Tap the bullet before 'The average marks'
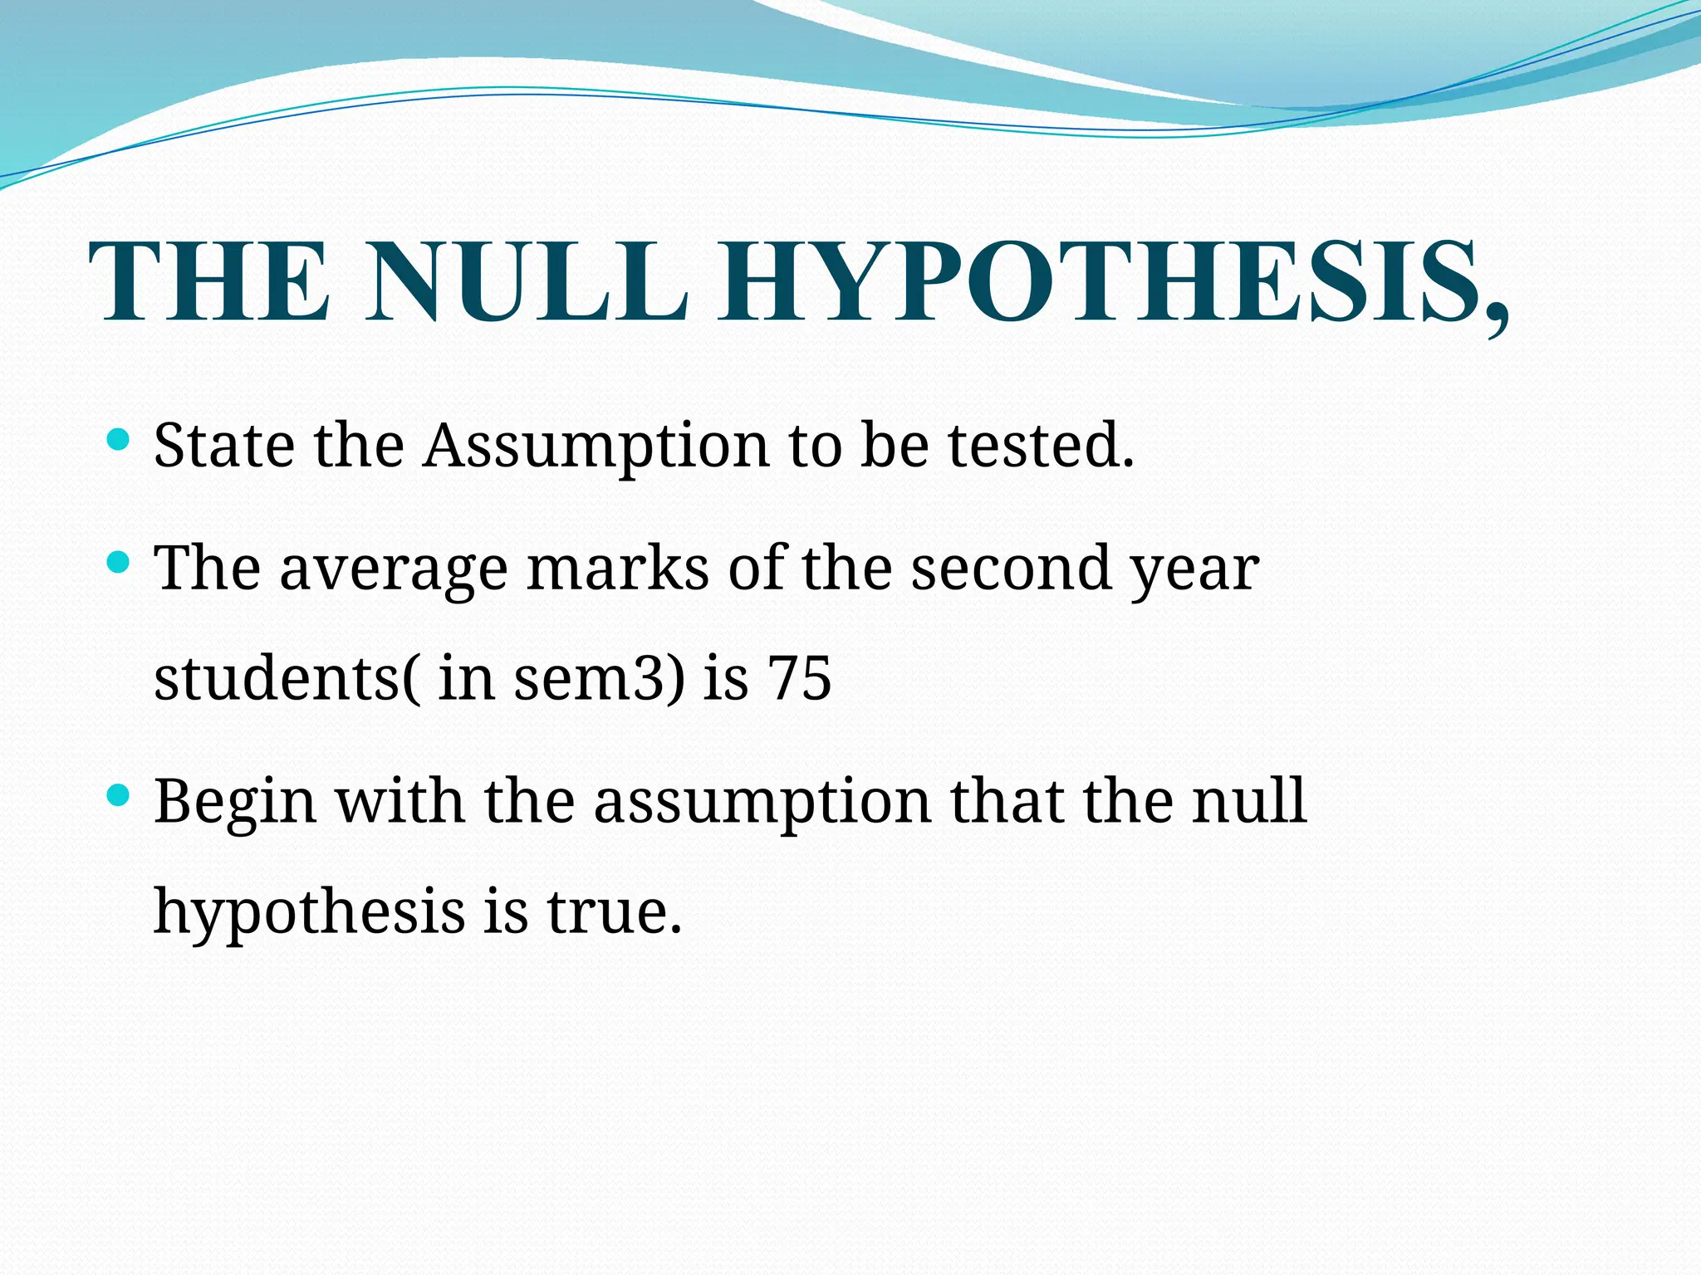[119, 563]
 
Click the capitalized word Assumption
[596, 447]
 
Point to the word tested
[1041, 445]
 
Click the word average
[393, 571]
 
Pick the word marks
[618, 569]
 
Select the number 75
[798, 679]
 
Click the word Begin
[235, 804]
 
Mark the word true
[614, 911]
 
